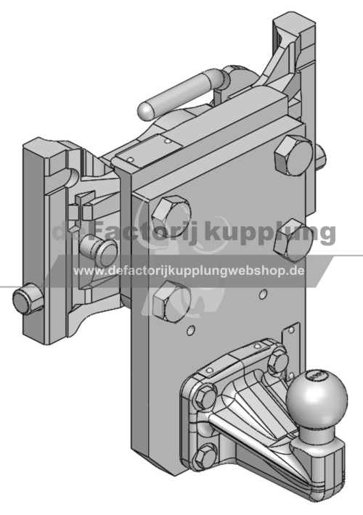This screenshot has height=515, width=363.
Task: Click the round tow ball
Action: click(317, 397)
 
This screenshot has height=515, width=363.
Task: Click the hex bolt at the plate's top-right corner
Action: click(293, 154)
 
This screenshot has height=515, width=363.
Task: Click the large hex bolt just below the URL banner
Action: click(171, 301)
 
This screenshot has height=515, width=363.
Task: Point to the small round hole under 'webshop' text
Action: click(263, 294)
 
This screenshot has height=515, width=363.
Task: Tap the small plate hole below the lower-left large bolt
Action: click(191, 330)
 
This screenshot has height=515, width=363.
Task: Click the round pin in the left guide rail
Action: click(99, 251)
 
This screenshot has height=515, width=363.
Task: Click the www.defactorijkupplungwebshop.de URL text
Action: click(189, 271)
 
